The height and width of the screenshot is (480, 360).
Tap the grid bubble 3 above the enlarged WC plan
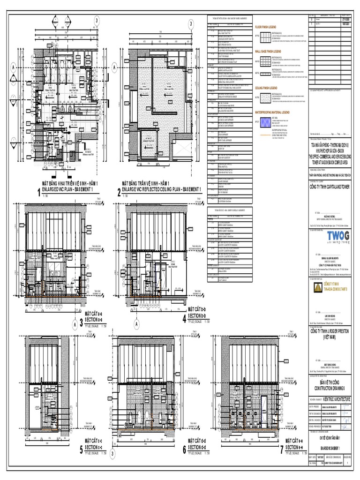pos(97,20)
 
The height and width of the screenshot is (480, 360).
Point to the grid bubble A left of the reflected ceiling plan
pos(114,67)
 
